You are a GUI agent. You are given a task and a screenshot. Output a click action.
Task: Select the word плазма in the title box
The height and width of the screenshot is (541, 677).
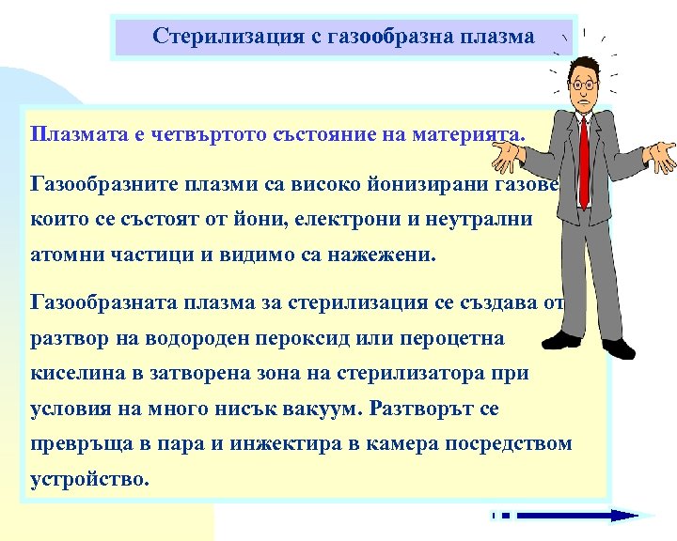click(496, 37)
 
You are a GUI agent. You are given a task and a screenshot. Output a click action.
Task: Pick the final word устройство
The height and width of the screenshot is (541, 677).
click(89, 479)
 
